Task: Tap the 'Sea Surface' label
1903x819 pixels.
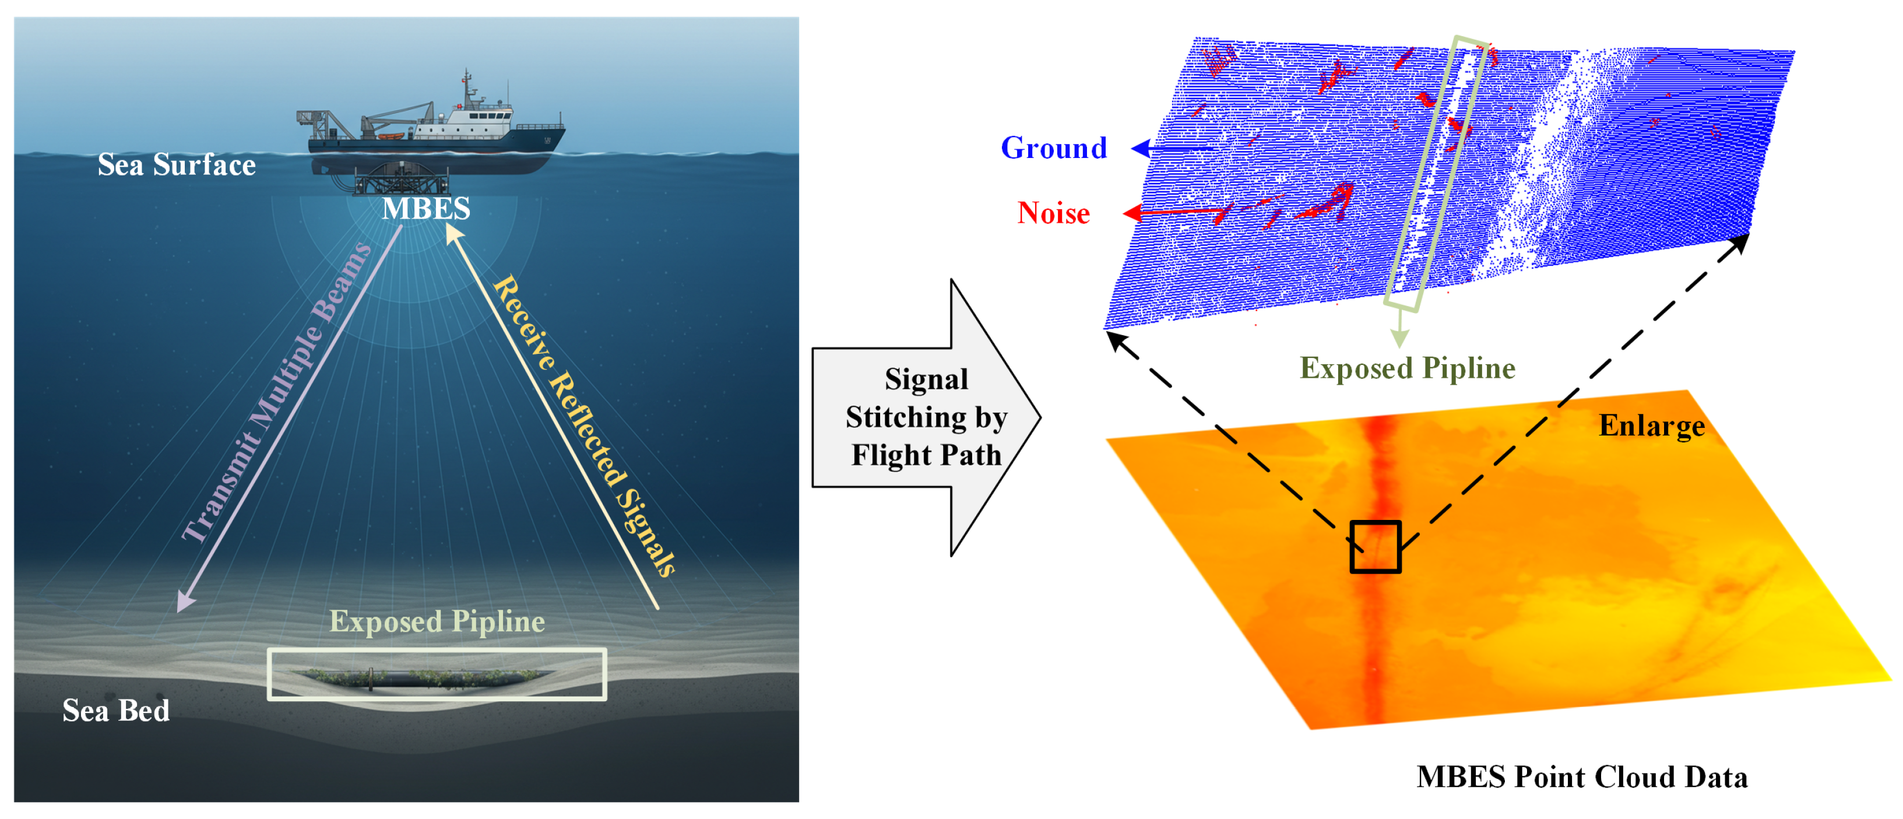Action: click(177, 165)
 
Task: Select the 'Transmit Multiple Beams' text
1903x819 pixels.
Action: click(277, 391)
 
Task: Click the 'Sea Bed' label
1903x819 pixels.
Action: click(116, 711)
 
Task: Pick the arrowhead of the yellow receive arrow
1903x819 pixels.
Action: click(453, 233)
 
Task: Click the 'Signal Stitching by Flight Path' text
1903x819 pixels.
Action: click(926, 417)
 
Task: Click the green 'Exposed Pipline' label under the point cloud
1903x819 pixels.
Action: click(1408, 368)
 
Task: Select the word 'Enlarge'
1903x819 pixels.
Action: click(1652, 426)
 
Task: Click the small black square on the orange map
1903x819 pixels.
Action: click(1375, 547)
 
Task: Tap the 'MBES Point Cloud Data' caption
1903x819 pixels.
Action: click(1582, 777)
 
